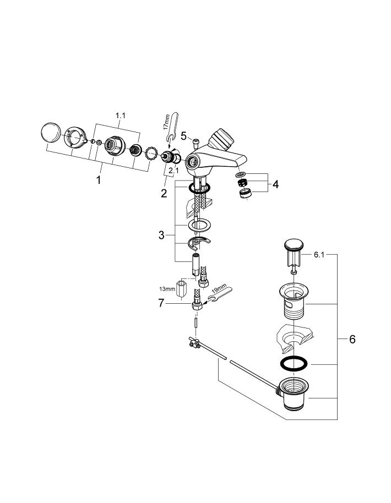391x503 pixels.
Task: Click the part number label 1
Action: [x=99, y=180]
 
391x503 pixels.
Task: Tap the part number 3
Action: [x=161, y=235]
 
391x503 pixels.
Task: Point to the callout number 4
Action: [x=275, y=184]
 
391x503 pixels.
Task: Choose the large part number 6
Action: [x=352, y=339]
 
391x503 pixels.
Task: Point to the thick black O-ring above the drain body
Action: [x=292, y=364]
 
